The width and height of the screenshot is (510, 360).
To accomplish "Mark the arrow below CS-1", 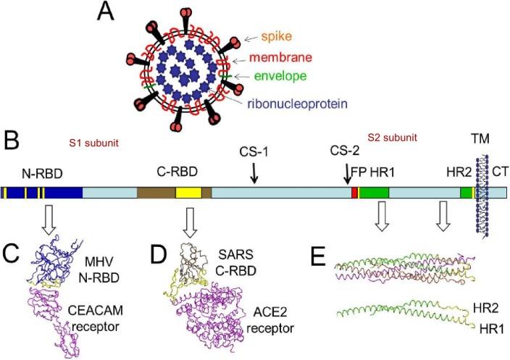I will click(254, 173).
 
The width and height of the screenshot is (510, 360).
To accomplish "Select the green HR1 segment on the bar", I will click(374, 193).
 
